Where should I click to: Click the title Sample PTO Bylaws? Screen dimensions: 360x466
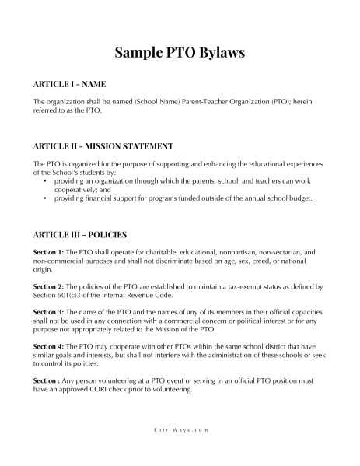[180, 52]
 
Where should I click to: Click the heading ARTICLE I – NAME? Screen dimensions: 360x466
[69, 83]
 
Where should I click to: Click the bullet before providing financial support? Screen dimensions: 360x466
[45, 198]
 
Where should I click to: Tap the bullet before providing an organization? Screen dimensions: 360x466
[45, 180]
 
